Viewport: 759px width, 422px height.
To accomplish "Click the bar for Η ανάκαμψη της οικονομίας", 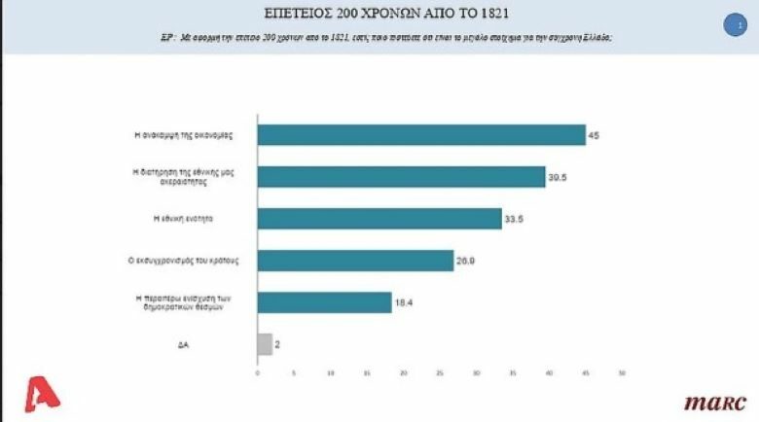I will [x=420, y=134].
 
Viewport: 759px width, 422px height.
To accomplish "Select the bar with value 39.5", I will [x=400, y=176].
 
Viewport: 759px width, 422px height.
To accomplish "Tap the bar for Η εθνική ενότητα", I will [x=379, y=219].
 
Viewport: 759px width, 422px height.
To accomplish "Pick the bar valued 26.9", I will [x=355, y=261].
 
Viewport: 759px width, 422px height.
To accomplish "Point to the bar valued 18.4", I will [x=324, y=302].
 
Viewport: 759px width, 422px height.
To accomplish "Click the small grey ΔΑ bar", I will [x=265, y=344].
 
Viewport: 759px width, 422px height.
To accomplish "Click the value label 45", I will [x=594, y=134].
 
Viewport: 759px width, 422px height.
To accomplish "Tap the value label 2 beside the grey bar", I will [x=278, y=344].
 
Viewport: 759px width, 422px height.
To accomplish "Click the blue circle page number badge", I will [x=735, y=26].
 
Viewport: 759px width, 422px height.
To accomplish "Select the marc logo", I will [x=714, y=402].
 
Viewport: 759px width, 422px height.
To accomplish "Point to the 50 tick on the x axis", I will [x=622, y=372].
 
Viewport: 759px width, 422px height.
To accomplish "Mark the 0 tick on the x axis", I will [x=258, y=372].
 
